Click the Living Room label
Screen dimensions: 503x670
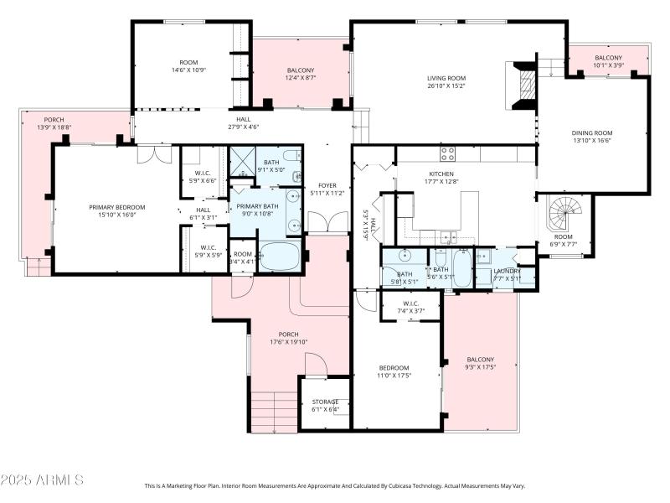(446, 77)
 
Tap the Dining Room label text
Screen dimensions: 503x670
(592, 132)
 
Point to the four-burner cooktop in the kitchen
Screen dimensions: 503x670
(448, 153)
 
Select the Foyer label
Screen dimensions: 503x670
(327, 185)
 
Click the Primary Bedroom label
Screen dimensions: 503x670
(117, 207)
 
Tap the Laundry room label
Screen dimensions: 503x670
(507, 271)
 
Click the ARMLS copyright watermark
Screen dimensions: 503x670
(42, 480)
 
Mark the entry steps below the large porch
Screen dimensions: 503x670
(274, 412)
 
